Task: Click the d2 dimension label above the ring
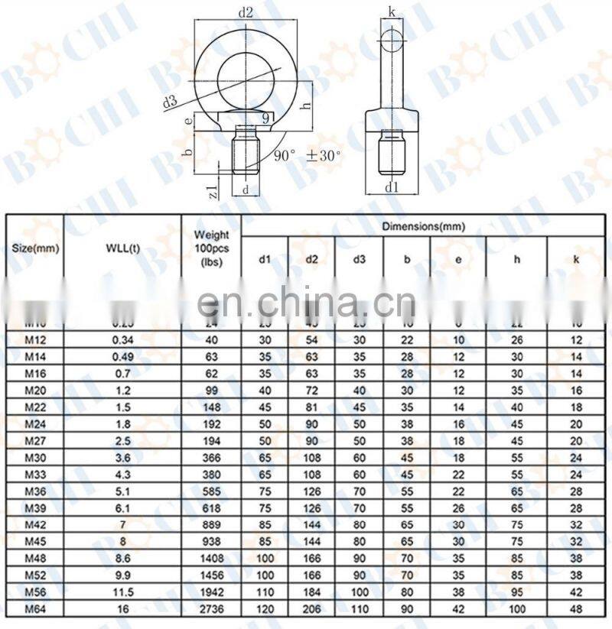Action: [x=246, y=12]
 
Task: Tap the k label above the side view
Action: [x=392, y=11]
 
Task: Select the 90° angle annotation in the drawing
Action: [x=285, y=155]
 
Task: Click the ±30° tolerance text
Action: [x=324, y=155]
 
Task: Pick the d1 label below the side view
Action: [x=392, y=186]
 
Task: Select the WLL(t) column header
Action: [x=122, y=248]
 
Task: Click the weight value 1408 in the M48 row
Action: [x=211, y=558]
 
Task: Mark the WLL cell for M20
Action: [x=122, y=391]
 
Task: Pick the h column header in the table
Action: [x=517, y=259]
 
